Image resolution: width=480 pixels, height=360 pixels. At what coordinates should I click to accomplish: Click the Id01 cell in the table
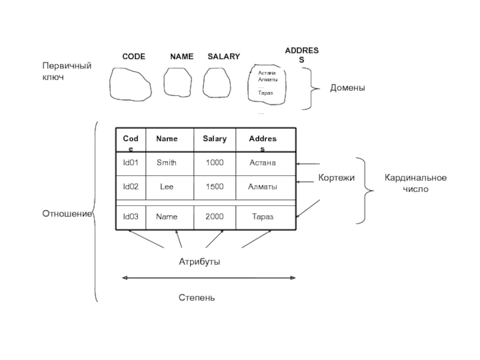(131, 163)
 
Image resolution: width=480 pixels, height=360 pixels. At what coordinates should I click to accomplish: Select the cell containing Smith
(166, 163)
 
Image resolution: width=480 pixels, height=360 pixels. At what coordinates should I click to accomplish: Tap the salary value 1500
(214, 187)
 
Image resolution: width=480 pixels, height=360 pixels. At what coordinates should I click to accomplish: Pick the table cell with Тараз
(263, 217)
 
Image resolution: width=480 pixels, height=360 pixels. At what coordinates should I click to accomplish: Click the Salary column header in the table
(214, 139)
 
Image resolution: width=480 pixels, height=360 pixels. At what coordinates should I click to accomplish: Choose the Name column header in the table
(167, 139)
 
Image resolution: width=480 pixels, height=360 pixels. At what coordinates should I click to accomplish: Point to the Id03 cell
(131, 217)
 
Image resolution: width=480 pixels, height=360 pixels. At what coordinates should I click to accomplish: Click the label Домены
(347, 88)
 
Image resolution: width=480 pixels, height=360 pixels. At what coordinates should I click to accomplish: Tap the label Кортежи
(337, 178)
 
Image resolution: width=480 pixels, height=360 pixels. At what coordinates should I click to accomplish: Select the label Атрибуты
(199, 262)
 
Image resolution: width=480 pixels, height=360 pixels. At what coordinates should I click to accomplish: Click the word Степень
(197, 298)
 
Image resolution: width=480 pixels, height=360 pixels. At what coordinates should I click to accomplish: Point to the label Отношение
(66, 214)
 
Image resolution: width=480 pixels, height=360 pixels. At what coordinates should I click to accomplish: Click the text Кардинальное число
(415, 183)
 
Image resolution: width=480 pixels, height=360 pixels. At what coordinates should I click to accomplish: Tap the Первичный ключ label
(66, 71)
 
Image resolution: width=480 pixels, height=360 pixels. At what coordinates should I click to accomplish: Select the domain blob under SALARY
(217, 82)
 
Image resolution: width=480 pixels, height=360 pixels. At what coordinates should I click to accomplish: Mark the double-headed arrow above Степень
(208, 278)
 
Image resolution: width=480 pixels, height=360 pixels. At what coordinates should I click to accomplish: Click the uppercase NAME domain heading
(182, 56)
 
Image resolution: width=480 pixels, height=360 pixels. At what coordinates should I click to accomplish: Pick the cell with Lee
(166, 187)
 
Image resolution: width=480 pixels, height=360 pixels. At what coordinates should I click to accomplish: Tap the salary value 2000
(214, 217)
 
